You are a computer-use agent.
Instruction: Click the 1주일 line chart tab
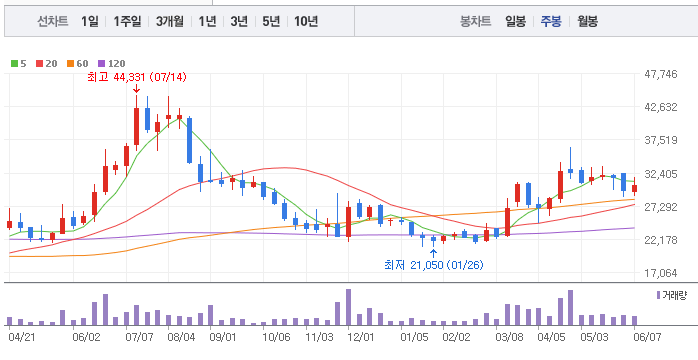pos(127,21)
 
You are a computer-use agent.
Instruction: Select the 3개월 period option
pos(170,21)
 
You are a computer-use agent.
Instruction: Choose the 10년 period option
pos(306,21)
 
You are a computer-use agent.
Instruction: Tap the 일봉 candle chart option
pos(515,21)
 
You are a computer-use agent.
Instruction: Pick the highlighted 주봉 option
pos(551,21)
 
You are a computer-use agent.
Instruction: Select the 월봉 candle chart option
pos(588,21)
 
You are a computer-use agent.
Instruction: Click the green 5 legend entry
pos(19,64)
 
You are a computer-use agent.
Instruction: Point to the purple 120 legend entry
pos(112,64)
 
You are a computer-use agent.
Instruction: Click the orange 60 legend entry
pos(78,64)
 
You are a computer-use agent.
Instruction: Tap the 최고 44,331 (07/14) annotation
pos(137,77)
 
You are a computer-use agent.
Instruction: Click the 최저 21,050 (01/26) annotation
pos(434,265)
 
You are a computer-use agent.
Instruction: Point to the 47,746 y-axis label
pos(661,74)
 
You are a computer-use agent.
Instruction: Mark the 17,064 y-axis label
pos(661,273)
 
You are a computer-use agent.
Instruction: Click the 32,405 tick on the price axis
pos(661,174)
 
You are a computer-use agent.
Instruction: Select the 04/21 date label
pos(20,337)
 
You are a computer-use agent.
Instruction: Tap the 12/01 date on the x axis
pos(360,337)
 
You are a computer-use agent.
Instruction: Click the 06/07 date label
pos(647,337)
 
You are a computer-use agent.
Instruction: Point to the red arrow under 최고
pos(137,89)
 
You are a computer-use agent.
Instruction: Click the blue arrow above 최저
pos(434,254)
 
